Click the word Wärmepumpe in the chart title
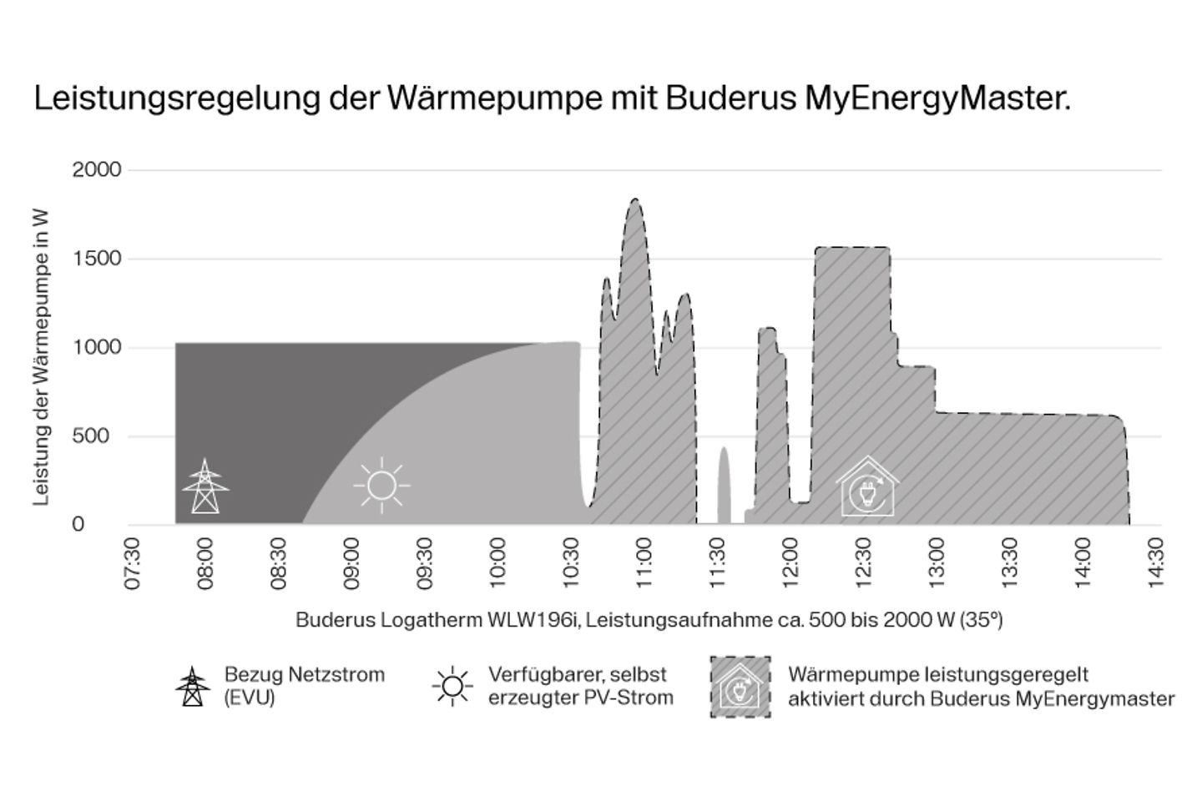pyautogui.click(x=492, y=98)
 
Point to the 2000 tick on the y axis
pyautogui.click(x=97, y=170)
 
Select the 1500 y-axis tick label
pyautogui.click(x=97, y=259)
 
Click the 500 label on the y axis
pyautogui.click(x=91, y=436)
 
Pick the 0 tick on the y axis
pyautogui.click(x=78, y=525)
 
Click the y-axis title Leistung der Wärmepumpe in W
pyautogui.click(x=41, y=357)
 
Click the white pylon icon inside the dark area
pyautogui.click(x=205, y=486)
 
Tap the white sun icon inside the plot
pyautogui.click(x=381, y=485)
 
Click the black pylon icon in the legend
pyautogui.click(x=193, y=687)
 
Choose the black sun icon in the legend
pyautogui.click(x=452, y=687)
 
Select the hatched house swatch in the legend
pyautogui.click(x=740, y=687)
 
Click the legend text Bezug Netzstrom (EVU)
pyautogui.click(x=304, y=686)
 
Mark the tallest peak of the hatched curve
pyautogui.click(x=635, y=199)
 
